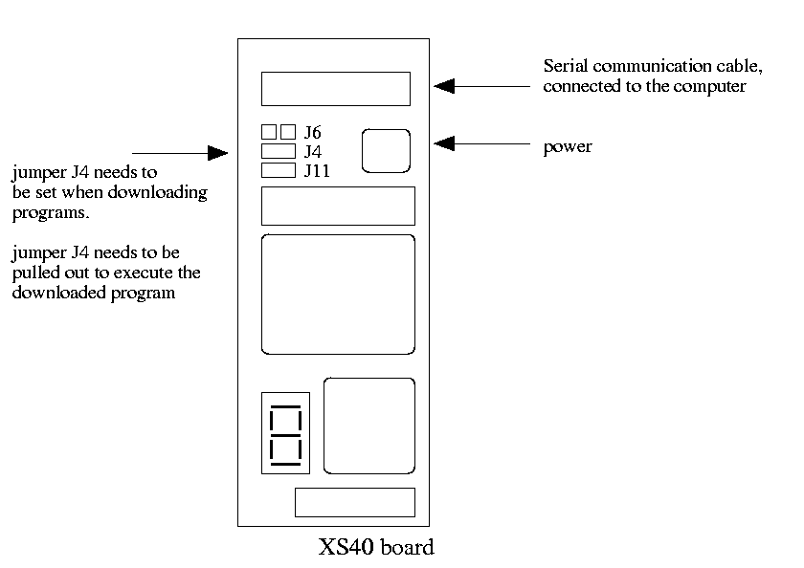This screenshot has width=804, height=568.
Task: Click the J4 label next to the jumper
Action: click(313, 151)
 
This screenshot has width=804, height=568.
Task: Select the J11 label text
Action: click(317, 171)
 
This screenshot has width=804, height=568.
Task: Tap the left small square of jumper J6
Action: click(269, 132)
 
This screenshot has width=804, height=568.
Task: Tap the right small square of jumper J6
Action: click(287, 132)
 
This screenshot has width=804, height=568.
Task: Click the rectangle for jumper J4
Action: click(278, 151)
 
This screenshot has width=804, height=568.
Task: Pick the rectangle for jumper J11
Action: click(278, 171)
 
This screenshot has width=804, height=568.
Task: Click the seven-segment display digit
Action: click(286, 435)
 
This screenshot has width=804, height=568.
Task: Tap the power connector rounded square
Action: click(386, 151)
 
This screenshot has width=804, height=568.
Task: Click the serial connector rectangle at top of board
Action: click(335, 89)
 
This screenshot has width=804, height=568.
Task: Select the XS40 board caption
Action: click(376, 549)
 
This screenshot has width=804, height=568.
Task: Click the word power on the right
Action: click(568, 147)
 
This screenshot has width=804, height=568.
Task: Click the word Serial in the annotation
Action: click(565, 67)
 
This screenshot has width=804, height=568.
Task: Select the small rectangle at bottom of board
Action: click(354, 502)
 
